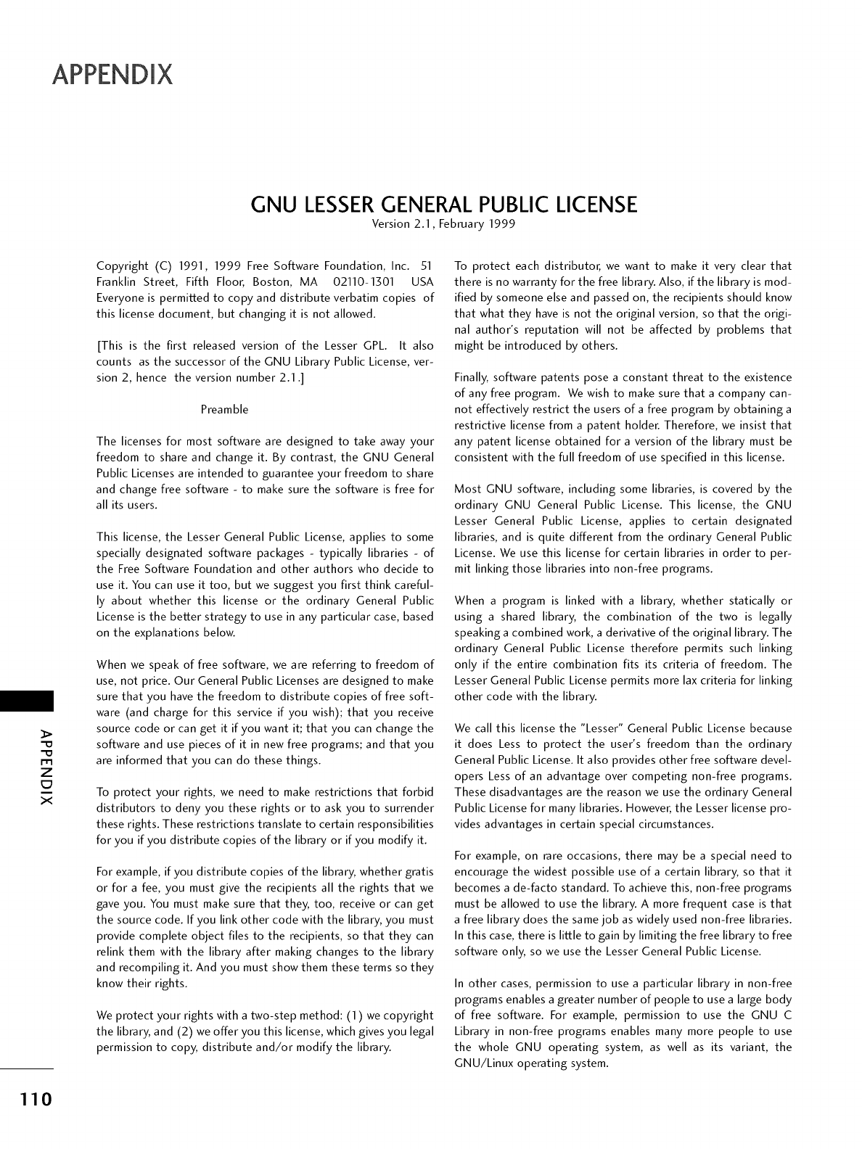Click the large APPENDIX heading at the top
click(x=112, y=74)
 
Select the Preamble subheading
click(x=224, y=410)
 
